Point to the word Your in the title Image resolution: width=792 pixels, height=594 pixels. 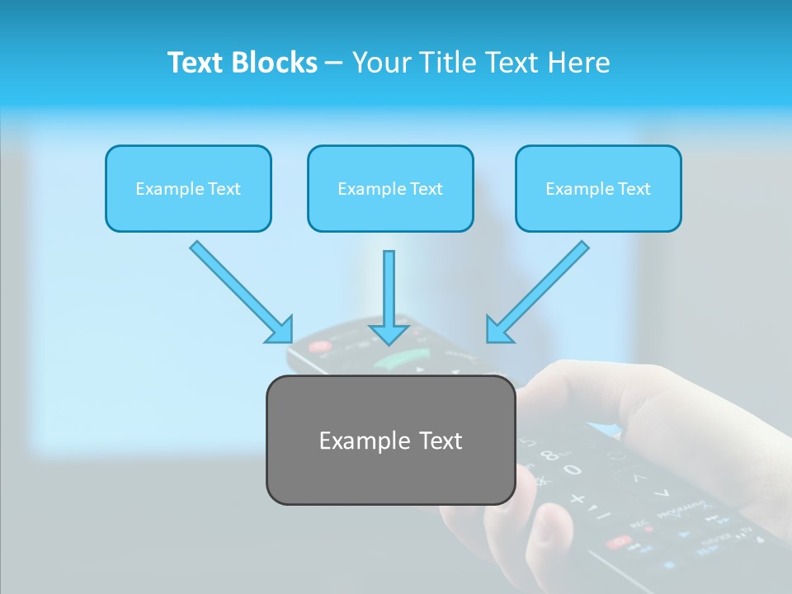click(x=383, y=63)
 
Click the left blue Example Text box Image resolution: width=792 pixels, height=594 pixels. click(x=188, y=189)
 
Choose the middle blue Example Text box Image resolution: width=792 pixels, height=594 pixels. click(x=390, y=189)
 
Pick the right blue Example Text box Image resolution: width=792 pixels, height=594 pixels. click(x=598, y=189)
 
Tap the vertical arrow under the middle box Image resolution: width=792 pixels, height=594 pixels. click(x=389, y=297)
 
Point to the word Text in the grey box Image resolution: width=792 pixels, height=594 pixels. click(x=441, y=441)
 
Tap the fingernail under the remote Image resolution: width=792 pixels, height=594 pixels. click(x=549, y=528)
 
